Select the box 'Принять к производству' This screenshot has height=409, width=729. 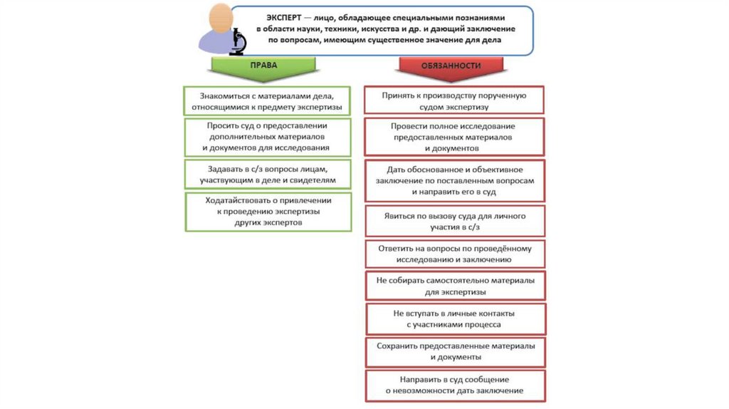(454, 100)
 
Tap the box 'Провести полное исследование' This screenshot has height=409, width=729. (454, 137)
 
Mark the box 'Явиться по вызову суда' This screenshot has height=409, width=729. (454, 220)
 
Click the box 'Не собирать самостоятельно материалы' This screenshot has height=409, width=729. (454, 286)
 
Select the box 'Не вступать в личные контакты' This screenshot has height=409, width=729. (454, 319)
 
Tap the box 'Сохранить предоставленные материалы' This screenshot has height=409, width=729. (454, 351)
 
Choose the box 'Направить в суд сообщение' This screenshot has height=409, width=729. (454, 385)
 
